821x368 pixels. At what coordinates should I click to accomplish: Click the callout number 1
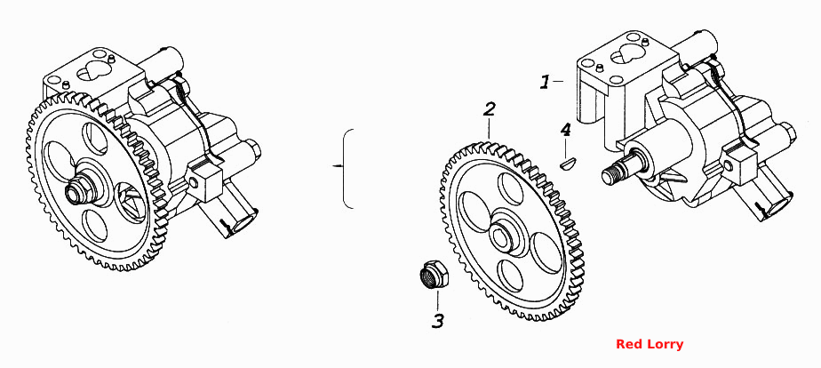coord(546,82)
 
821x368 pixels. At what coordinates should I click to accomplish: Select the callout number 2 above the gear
coord(489,109)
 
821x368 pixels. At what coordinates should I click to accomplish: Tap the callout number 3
coord(438,320)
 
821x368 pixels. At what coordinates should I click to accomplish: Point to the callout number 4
coord(565,130)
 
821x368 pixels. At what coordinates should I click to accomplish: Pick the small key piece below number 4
coord(567,164)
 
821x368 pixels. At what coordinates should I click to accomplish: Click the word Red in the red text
coord(627,344)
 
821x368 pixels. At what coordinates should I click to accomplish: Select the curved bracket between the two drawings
coord(346,168)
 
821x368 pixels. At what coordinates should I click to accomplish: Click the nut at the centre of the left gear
coord(77,192)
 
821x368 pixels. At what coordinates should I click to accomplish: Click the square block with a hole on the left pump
coord(203,180)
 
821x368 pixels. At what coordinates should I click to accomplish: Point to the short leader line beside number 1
coord(558,81)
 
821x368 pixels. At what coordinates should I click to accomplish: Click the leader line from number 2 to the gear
coord(489,129)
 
